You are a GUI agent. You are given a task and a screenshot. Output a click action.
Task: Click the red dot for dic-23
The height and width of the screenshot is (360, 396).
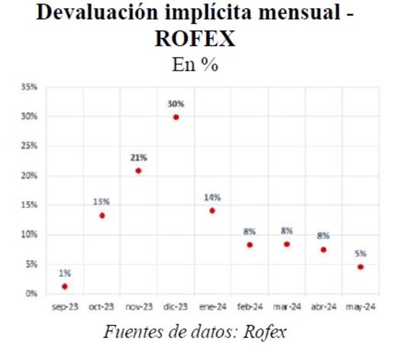(176, 117)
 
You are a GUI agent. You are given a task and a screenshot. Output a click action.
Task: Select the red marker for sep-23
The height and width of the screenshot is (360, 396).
(64, 287)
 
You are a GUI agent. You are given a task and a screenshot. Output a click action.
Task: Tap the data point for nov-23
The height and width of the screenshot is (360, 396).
(139, 171)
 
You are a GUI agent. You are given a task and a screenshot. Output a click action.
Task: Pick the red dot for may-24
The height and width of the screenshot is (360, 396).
(360, 267)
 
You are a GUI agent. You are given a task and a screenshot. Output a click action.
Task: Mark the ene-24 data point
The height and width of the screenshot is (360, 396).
(212, 210)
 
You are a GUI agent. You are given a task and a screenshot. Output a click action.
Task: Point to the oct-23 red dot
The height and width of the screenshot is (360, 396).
(102, 215)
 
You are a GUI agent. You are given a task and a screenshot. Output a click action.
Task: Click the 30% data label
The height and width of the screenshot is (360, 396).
(176, 104)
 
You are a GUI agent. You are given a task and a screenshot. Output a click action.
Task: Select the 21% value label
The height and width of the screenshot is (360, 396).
(139, 158)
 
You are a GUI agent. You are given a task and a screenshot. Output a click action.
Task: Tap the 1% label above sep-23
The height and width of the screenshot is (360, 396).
(65, 273)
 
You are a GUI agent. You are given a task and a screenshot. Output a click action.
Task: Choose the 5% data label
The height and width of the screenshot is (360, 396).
(360, 254)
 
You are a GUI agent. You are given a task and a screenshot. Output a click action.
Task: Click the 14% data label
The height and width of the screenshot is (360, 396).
(212, 198)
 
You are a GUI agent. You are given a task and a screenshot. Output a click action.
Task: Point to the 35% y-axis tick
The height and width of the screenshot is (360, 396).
(29, 87)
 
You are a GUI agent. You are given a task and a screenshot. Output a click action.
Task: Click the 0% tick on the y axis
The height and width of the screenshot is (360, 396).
(31, 294)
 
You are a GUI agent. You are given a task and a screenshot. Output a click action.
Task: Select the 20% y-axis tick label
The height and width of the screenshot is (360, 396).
(29, 176)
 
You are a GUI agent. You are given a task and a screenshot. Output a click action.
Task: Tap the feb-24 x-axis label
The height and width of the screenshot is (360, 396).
(249, 307)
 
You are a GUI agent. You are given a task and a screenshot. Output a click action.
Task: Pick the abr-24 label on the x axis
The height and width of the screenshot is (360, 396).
(324, 307)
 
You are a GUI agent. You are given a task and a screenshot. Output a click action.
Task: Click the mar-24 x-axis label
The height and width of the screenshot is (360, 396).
(287, 307)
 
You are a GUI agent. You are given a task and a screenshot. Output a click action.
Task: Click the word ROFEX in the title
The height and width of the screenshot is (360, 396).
(195, 39)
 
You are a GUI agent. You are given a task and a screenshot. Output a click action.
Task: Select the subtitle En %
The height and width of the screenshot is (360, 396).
(195, 64)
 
